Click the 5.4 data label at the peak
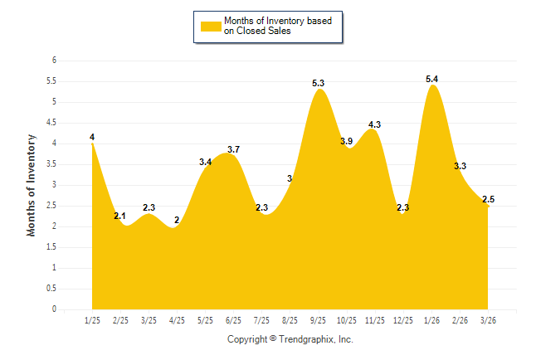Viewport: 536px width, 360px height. tap(431, 79)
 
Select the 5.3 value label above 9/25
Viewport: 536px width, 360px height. tap(319, 83)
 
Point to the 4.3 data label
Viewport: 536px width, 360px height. tap(374, 124)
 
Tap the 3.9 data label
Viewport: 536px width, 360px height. tap(347, 142)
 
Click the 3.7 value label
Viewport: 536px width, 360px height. tap(233, 149)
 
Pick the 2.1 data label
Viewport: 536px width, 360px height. tap(120, 216)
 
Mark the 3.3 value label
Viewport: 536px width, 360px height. tap(459, 166)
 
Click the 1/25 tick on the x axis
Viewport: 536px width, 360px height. tap(92, 319)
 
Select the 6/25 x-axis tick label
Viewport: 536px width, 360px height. tap(233, 319)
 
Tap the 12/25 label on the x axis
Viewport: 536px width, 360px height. tap(402, 319)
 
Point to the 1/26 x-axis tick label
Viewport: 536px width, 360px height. tap(431, 319)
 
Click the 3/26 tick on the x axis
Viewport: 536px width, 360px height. tap(488, 319)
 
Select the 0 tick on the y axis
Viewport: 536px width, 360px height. tap(54, 309)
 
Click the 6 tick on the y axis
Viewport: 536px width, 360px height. tap(54, 61)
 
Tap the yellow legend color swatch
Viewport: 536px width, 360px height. tap(211, 27)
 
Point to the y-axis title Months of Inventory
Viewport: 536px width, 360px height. tap(32, 185)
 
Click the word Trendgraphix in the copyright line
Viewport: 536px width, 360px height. tap(307, 339)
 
